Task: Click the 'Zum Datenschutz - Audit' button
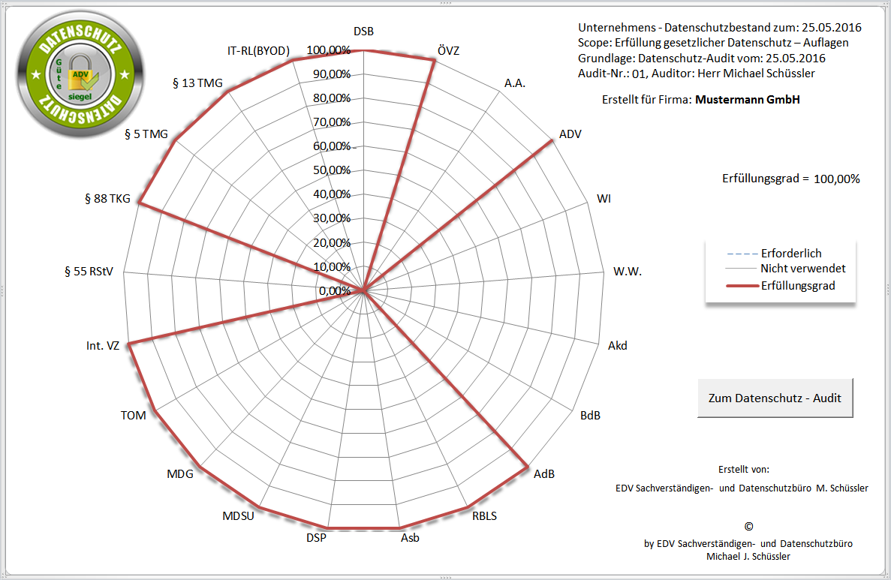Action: pyautogui.click(x=775, y=398)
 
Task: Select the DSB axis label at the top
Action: pyautogui.click(x=363, y=31)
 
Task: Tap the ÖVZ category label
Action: pyautogui.click(x=448, y=51)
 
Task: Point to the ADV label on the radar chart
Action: pyautogui.click(x=570, y=134)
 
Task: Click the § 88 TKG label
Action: pyautogui.click(x=108, y=199)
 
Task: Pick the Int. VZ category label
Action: pyautogui.click(x=103, y=346)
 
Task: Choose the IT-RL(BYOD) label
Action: pyautogui.click(x=258, y=51)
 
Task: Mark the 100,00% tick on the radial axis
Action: pyautogui.click(x=328, y=50)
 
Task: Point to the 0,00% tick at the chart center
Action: pyautogui.click(x=335, y=290)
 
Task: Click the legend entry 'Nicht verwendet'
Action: pyautogui.click(x=802, y=268)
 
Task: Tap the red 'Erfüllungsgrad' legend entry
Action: pyautogui.click(x=797, y=285)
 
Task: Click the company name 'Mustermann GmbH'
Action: pyautogui.click(x=748, y=99)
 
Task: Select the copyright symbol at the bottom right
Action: pyautogui.click(x=748, y=527)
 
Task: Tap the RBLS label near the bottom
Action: pyautogui.click(x=484, y=515)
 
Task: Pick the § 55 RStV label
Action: pyautogui.click(x=89, y=272)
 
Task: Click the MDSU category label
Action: pyautogui.click(x=238, y=515)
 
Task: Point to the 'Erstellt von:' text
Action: pyautogui.click(x=743, y=469)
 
